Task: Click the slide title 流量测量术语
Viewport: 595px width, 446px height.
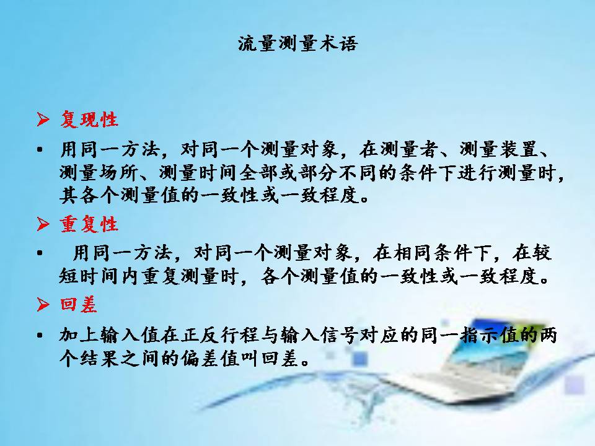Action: tap(298, 44)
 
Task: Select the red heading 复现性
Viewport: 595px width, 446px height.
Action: tap(89, 120)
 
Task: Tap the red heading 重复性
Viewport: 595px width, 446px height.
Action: tap(89, 224)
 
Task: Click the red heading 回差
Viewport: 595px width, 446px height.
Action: tap(79, 305)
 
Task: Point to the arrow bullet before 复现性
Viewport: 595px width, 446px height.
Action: tap(43, 120)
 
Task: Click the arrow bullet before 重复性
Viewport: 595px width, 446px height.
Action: tap(43, 224)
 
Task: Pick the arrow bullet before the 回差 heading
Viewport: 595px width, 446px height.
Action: tap(43, 304)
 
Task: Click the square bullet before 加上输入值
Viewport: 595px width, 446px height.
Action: tap(40, 335)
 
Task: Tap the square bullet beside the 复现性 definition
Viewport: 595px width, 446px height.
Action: tap(40, 149)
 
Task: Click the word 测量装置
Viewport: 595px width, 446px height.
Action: tap(499, 149)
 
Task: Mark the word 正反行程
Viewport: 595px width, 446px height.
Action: tap(221, 335)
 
